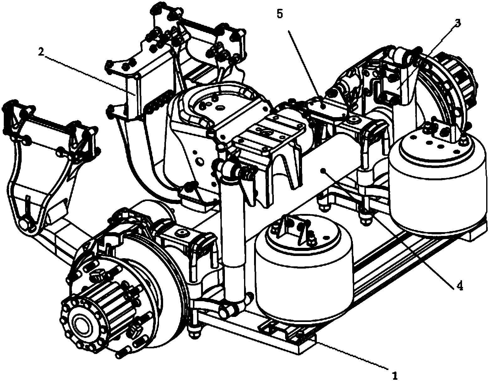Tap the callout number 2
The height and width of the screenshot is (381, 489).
[x=41, y=52]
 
